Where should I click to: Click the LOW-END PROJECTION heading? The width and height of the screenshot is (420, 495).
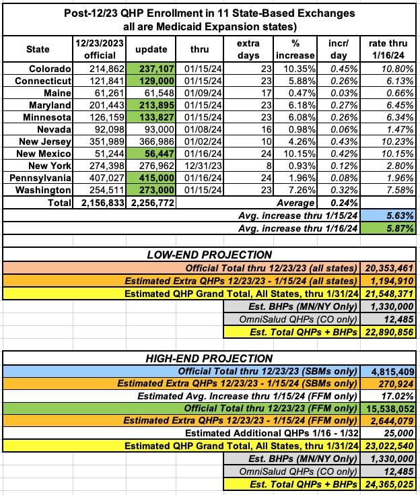(x=209, y=255)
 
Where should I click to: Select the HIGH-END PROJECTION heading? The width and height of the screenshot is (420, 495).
(x=209, y=358)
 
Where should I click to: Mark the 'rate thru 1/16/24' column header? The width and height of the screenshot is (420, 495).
(x=388, y=49)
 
